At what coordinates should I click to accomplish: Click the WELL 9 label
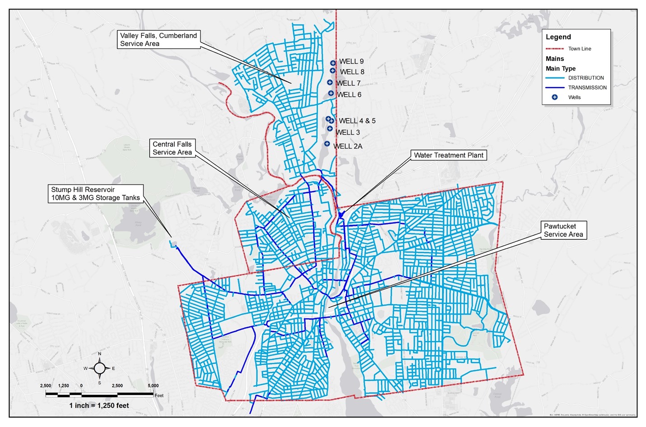(x=351, y=61)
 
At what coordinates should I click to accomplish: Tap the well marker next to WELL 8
(x=332, y=70)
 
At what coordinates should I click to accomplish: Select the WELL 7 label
(x=348, y=83)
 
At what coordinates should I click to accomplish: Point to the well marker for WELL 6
(x=331, y=94)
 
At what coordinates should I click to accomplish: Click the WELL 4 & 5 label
(x=357, y=121)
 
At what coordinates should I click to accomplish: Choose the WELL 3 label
(x=347, y=132)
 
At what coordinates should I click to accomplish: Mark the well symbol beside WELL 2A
(x=327, y=144)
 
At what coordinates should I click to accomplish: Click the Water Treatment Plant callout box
(x=448, y=155)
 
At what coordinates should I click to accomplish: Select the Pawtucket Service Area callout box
(x=563, y=230)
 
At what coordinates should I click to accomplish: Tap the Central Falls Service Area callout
(x=172, y=148)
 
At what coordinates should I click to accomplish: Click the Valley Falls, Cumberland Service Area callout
(x=158, y=39)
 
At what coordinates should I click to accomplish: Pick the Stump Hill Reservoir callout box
(x=95, y=193)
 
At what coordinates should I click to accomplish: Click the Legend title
(x=558, y=37)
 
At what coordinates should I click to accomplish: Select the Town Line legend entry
(x=579, y=49)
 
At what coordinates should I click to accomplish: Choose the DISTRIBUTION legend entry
(x=585, y=78)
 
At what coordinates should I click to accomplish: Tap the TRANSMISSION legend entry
(x=587, y=88)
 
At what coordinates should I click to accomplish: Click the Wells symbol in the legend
(x=555, y=97)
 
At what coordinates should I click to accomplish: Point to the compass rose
(x=100, y=368)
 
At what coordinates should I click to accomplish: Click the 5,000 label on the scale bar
(x=153, y=386)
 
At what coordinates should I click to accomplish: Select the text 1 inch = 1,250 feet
(x=99, y=405)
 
